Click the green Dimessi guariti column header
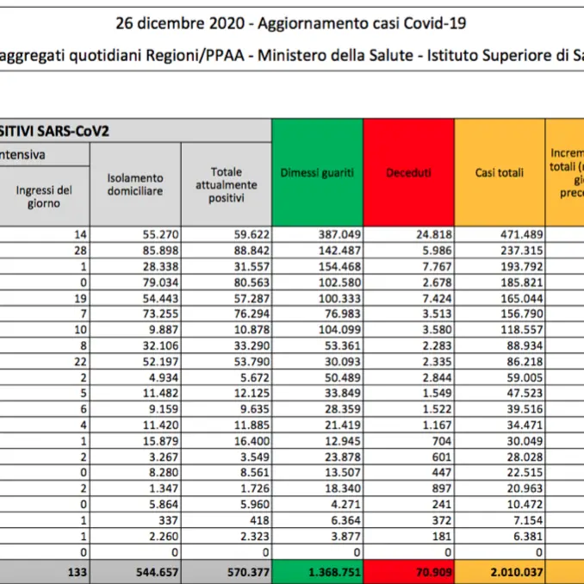[x=317, y=172]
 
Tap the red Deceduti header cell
[x=409, y=172]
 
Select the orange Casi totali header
[x=500, y=172]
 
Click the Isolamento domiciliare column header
[x=135, y=184]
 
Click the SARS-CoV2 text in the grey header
[x=74, y=131]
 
